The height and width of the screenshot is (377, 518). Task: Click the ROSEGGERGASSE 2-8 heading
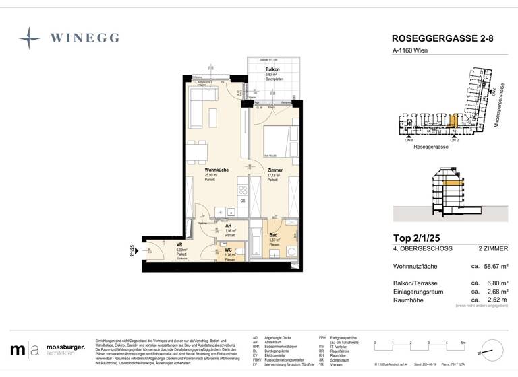click(x=442, y=39)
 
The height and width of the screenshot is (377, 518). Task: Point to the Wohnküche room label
click(x=217, y=170)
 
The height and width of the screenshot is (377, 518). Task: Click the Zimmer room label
click(x=275, y=170)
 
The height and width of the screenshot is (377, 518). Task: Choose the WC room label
click(x=229, y=250)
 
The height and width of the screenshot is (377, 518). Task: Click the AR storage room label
click(x=229, y=227)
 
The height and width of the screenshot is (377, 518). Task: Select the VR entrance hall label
click(x=180, y=245)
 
